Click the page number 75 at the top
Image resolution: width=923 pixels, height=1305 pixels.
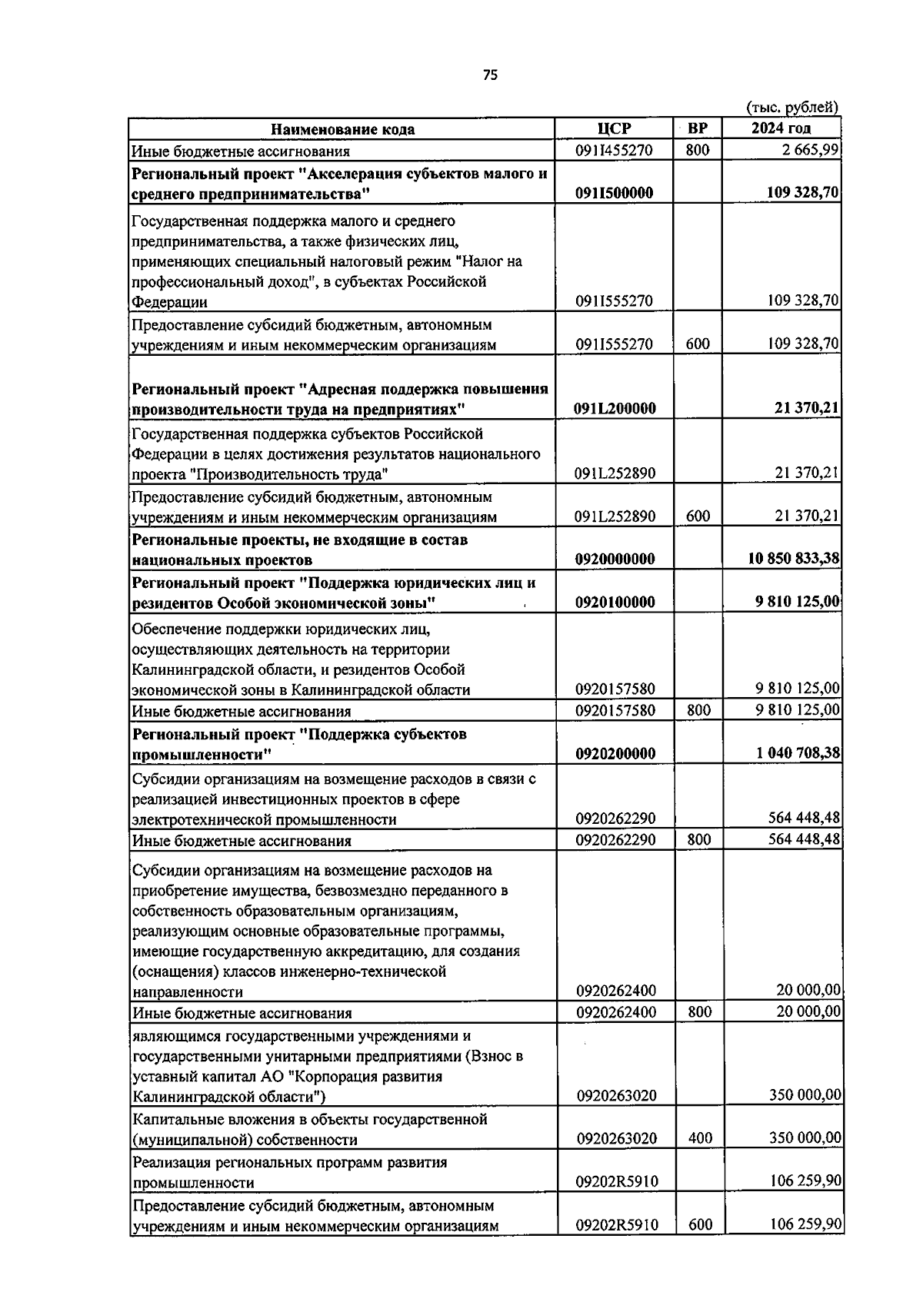491,75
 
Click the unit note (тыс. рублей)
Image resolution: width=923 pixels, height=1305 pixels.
792,108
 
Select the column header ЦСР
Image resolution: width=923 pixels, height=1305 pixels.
614,128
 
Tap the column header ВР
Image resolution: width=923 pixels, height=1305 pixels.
698,128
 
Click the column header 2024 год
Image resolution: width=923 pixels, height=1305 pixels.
781,128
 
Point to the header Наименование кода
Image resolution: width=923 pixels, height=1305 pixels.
343,129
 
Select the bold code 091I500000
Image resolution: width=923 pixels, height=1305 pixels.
614,193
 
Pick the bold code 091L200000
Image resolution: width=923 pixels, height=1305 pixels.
615,408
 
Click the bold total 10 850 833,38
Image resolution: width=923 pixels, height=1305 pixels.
793,559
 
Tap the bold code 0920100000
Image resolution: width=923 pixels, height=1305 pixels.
615,602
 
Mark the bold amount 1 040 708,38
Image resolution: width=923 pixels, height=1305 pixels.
798,753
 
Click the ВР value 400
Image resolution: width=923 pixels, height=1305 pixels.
700,1137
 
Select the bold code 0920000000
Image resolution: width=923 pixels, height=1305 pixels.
615,559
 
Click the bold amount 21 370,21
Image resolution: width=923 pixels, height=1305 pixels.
806,408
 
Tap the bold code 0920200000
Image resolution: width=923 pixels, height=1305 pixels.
615,753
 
